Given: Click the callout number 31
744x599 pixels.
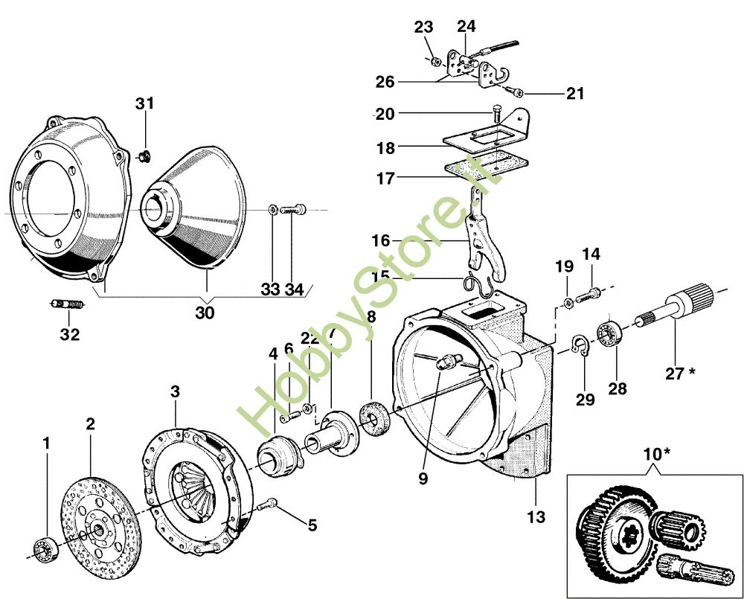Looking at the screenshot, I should pyautogui.click(x=144, y=103).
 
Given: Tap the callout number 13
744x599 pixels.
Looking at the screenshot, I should pyautogui.click(x=536, y=516).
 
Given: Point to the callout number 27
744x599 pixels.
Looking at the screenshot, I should pyautogui.click(x=674, y=374).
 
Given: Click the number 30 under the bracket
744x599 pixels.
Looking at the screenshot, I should pyautogui.click(x=205, y=313).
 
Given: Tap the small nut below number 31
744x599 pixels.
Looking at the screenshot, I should pyautogui.click(x=147, y=156).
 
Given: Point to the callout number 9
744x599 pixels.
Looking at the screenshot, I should pyautogui.click(x=423, y=479).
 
